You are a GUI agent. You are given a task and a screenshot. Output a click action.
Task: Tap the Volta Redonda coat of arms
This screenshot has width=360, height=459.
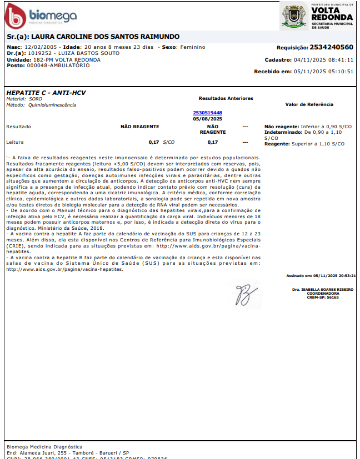point(293,16)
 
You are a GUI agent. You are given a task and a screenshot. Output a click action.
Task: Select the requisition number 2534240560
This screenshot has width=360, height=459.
point(331,48)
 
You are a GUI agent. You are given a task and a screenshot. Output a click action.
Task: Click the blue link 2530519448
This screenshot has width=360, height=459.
point(207,113)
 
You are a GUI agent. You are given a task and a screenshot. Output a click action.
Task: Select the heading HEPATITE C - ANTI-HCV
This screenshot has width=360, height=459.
point(46,93)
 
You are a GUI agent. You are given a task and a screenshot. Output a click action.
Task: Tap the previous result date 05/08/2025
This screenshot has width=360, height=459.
point(207,119)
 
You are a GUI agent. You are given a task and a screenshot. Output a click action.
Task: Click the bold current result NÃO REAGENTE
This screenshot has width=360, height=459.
point(140,127)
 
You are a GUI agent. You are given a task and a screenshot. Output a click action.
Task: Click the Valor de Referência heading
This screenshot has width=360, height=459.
point(309,104)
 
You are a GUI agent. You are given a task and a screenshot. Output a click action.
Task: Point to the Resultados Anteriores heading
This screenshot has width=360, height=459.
point(226,98)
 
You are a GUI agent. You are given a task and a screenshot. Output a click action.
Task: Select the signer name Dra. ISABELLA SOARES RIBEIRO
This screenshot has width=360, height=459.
point(323,290)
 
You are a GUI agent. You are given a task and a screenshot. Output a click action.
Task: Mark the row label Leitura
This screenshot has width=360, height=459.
point(16,142)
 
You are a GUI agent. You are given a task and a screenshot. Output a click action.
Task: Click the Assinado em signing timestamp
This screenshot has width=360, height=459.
point(321,275)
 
